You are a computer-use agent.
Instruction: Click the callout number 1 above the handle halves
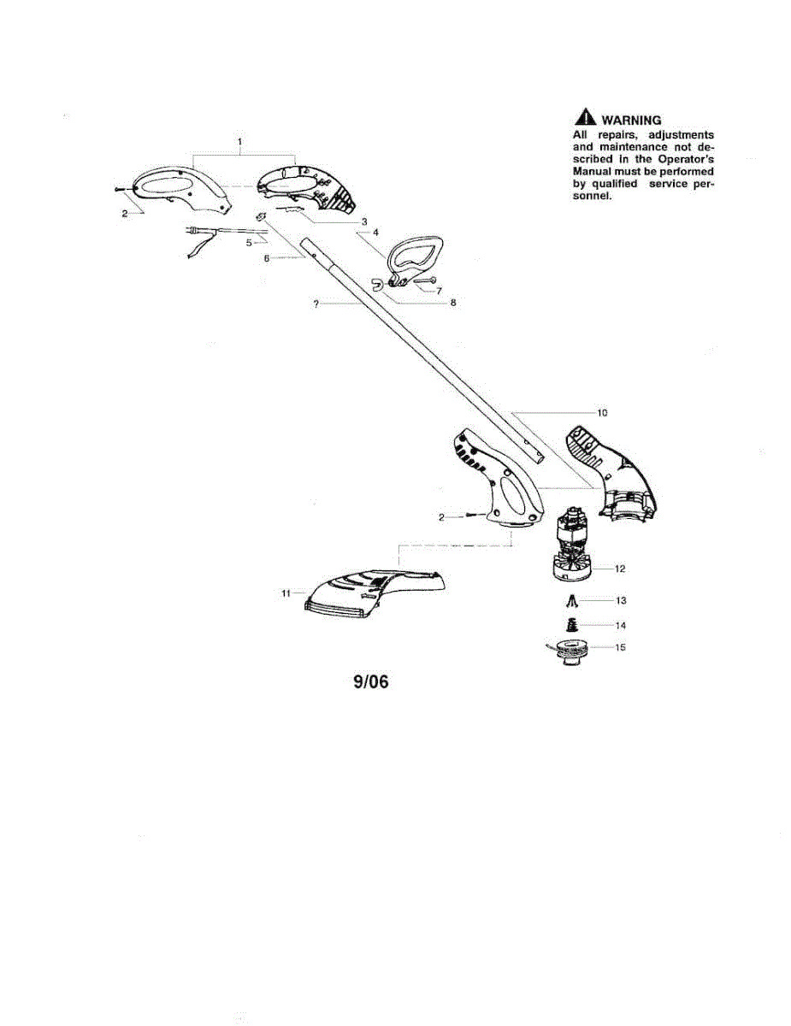(240, 140)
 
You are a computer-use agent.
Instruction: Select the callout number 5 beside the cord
(249, 242)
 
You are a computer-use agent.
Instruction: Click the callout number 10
(602, 413)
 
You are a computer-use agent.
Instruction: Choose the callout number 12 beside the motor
(621, 569)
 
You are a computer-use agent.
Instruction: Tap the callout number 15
(621, 647)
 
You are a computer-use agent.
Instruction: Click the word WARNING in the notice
(631, 121)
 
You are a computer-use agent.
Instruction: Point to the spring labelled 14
(570, 625)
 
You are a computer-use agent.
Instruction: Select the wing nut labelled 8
(380, 283)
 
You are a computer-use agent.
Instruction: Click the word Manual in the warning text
(592, 171)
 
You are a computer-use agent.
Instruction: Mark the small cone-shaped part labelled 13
(570, 600)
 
